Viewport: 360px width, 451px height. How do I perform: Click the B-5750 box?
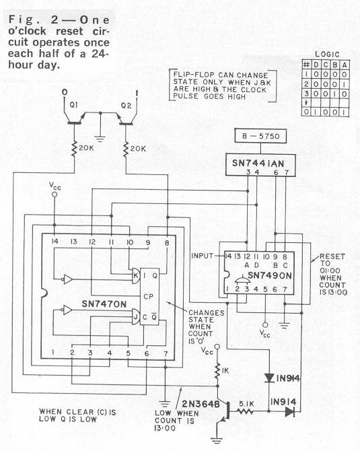260,136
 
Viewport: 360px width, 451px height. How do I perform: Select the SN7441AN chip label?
258,164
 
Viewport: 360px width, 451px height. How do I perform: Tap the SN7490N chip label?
269,275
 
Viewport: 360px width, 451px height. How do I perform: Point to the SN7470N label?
104,304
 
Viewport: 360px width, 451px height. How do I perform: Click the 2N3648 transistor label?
201,404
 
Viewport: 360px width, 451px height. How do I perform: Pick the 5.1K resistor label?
246,404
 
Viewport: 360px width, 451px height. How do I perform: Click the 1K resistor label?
225,371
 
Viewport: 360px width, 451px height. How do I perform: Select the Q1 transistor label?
73,105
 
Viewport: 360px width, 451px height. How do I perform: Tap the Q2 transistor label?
126,106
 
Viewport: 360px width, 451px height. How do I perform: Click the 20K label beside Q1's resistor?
87,148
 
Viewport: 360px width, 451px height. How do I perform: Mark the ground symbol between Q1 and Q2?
100,139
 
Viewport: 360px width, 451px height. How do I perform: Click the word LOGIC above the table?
327,54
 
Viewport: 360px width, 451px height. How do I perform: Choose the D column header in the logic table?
316,65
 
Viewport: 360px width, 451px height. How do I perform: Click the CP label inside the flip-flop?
148,296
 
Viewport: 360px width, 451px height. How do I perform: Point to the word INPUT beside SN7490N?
202,256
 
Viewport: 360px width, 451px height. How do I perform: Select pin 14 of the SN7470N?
55,242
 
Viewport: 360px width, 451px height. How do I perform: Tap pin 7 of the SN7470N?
166,354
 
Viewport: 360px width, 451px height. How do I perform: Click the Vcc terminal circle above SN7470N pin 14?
54,195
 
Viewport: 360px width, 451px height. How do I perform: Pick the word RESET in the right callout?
332,256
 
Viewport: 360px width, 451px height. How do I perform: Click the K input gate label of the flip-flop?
135,275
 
